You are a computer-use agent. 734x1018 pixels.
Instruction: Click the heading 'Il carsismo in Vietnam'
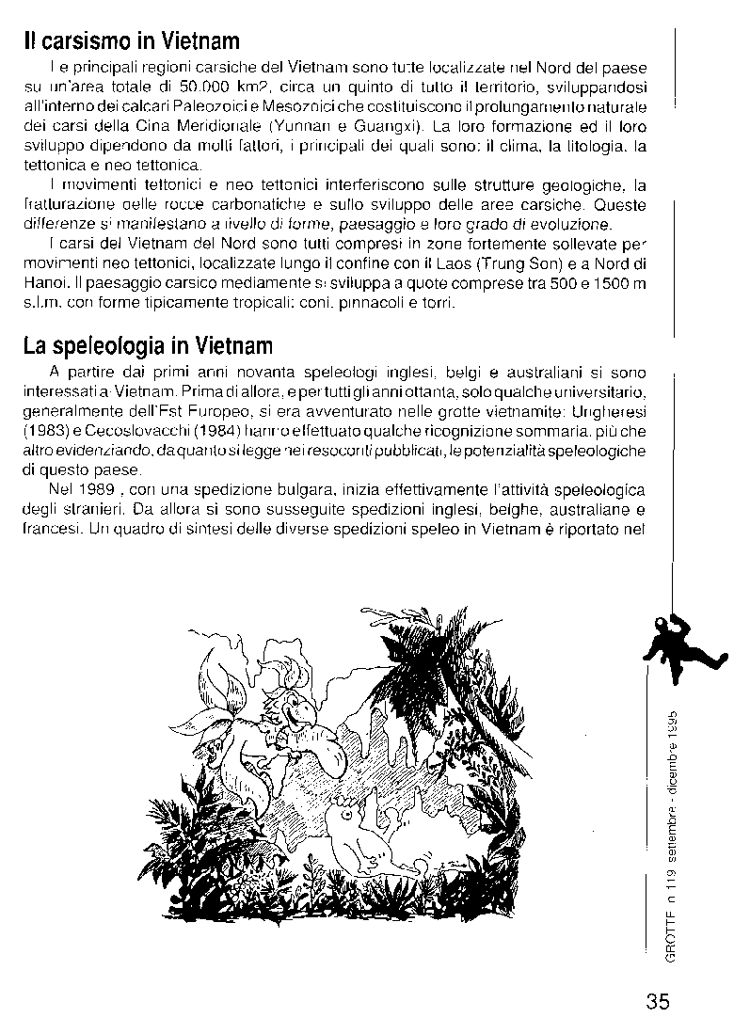(x=132, y=41)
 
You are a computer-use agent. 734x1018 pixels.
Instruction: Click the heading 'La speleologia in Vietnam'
(x=148, y=347)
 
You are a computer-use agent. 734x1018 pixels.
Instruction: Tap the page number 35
(x=658, y=1000)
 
